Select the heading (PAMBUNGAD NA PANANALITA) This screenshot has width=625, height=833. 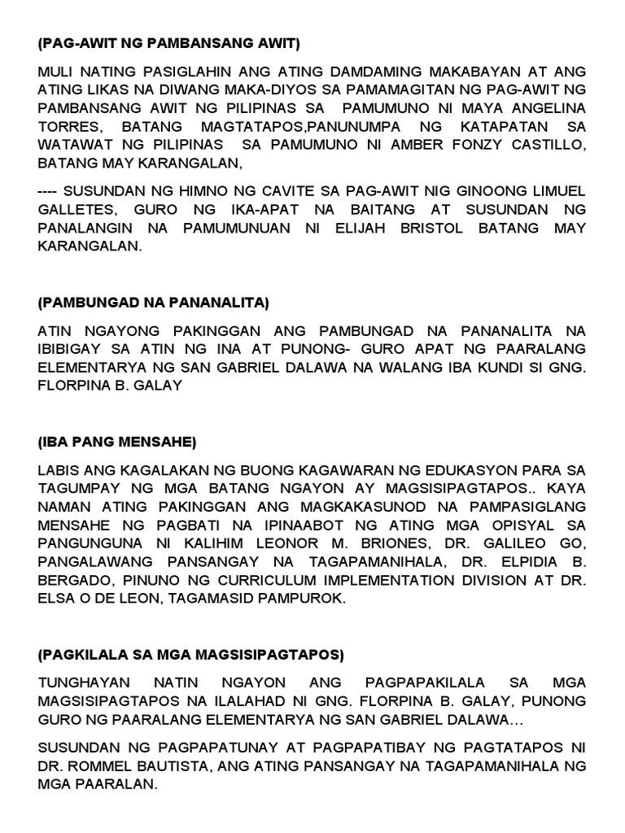[x=153, y=303]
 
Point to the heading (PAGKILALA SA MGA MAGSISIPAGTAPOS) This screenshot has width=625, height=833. [x=191, y=654]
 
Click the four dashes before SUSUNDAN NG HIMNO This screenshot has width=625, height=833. [x=46, y=191]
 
